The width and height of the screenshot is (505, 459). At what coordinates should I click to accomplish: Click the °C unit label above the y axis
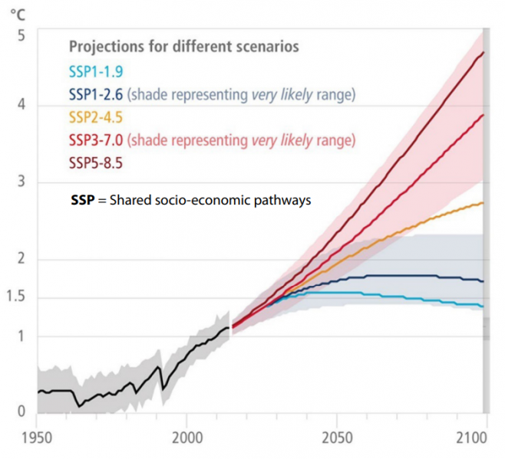point(15,13)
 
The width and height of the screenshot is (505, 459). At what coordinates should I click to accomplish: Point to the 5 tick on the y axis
point(21,35)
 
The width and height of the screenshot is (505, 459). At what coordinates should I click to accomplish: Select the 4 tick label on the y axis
point(21,105)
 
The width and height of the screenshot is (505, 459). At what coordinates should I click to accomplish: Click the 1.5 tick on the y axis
point(15,297)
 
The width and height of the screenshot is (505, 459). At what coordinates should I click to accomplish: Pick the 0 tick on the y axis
point(21,411)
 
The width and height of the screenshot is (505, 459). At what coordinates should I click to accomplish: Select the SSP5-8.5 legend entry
point(96,162)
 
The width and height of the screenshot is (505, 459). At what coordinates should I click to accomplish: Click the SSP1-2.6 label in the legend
point(96,95)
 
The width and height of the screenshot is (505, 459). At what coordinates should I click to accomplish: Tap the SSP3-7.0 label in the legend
point(96,140)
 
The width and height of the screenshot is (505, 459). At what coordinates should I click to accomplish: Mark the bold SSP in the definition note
point(81,200)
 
